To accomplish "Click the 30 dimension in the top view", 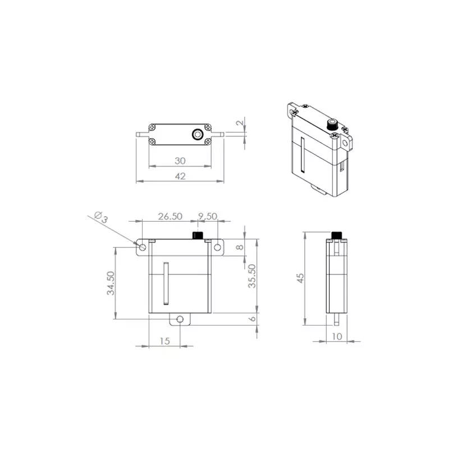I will [x=180, y=161].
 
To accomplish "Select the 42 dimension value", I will [x=180, y=176].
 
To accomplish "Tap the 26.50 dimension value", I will [x=169, y=216].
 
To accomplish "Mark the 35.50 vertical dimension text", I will [x=253, y=276].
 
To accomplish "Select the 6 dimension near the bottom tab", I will [x=253, y=319].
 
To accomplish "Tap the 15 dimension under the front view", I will [x=164, y=341].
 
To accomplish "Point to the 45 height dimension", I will [x=301, y=278].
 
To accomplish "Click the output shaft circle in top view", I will [x=198, y=135].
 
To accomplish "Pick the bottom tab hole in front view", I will [x=180, y=319].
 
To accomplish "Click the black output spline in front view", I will [x=198, y=235].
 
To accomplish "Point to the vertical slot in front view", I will [x=166, y=283].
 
